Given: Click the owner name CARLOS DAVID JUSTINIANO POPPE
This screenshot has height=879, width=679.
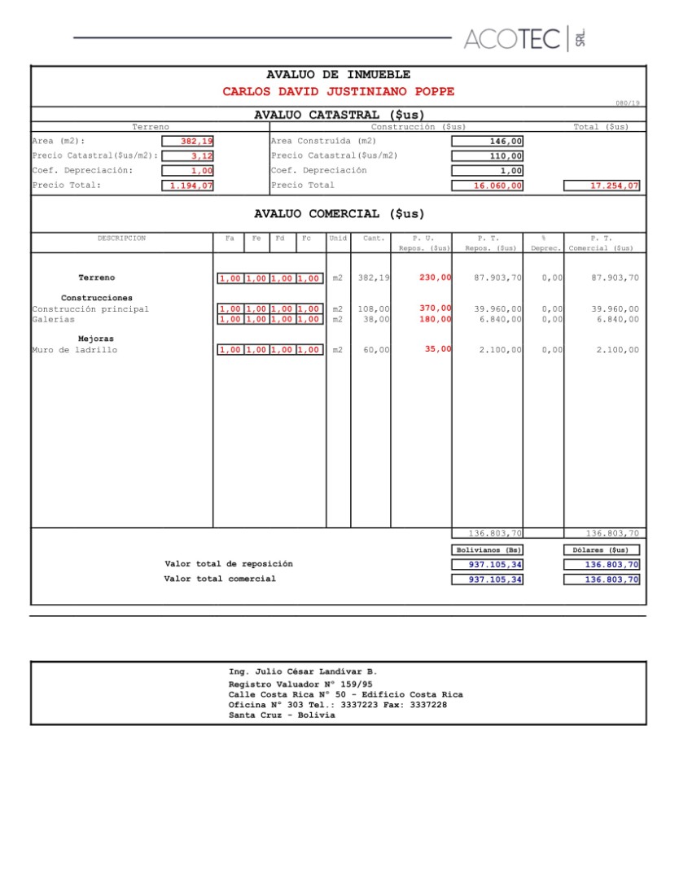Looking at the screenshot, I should pyautogui.click(x=339, y=91).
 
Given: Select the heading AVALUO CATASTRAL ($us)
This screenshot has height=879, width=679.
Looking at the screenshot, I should pyautogui.click(x=339, y=115).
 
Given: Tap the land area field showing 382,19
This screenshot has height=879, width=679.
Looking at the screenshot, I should pyautogui.click(x=187, y=142).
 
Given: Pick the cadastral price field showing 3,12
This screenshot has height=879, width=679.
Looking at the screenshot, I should pyautogui.click(x=187, y=156).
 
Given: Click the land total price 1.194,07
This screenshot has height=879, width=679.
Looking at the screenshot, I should pyautogui.click(x=187, y=186).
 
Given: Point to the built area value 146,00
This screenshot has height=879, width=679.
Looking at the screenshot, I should pyautogui.click(x=488, y=142).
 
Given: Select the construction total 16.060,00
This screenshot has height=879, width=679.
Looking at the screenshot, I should pyautogui.click(x=488, y=186).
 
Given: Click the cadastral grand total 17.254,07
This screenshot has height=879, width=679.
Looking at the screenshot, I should pyautogui.click(x=602, y=186).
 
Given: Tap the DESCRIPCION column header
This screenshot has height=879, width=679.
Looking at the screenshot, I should pyautogui.click(x=121, y=238).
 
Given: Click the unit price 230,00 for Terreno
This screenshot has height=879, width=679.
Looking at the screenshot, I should pyautogui.click(x=436, y=278).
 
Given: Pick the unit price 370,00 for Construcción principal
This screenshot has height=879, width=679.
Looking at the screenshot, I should pyautogui.click(x=436, y=308).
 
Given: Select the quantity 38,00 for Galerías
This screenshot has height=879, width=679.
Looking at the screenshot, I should pyautogui.click(x=375, y=319).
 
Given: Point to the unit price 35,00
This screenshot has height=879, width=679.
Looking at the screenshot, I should pyautogui.click(x=438, y=350).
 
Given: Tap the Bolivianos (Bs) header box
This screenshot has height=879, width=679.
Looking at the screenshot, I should pyautogui.click(x=488, y=550).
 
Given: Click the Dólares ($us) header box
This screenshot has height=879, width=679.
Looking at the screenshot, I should pyautogui.click(x=602, y=550).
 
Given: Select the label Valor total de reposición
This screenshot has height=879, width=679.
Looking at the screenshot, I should pyautogui.click(x=229, y=563).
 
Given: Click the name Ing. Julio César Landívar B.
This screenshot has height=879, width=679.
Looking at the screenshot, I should pyautogui.click(x=303, y=672).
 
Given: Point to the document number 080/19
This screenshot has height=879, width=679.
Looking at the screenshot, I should pyautogui.click(x=628, y=103).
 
